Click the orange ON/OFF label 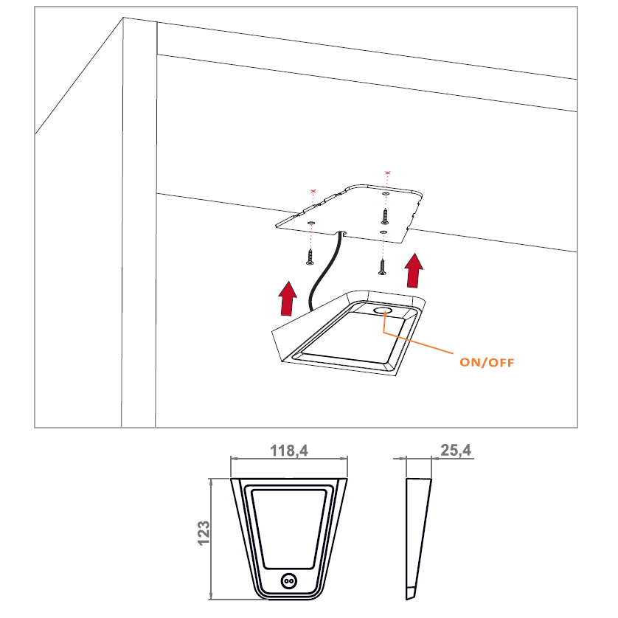487,362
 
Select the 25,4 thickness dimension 455,450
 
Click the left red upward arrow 288,298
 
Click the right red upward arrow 415,271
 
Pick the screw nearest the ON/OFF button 382,266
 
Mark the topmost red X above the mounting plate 387,173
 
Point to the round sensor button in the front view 288,581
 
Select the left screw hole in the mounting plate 311,221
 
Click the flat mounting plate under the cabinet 354,210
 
